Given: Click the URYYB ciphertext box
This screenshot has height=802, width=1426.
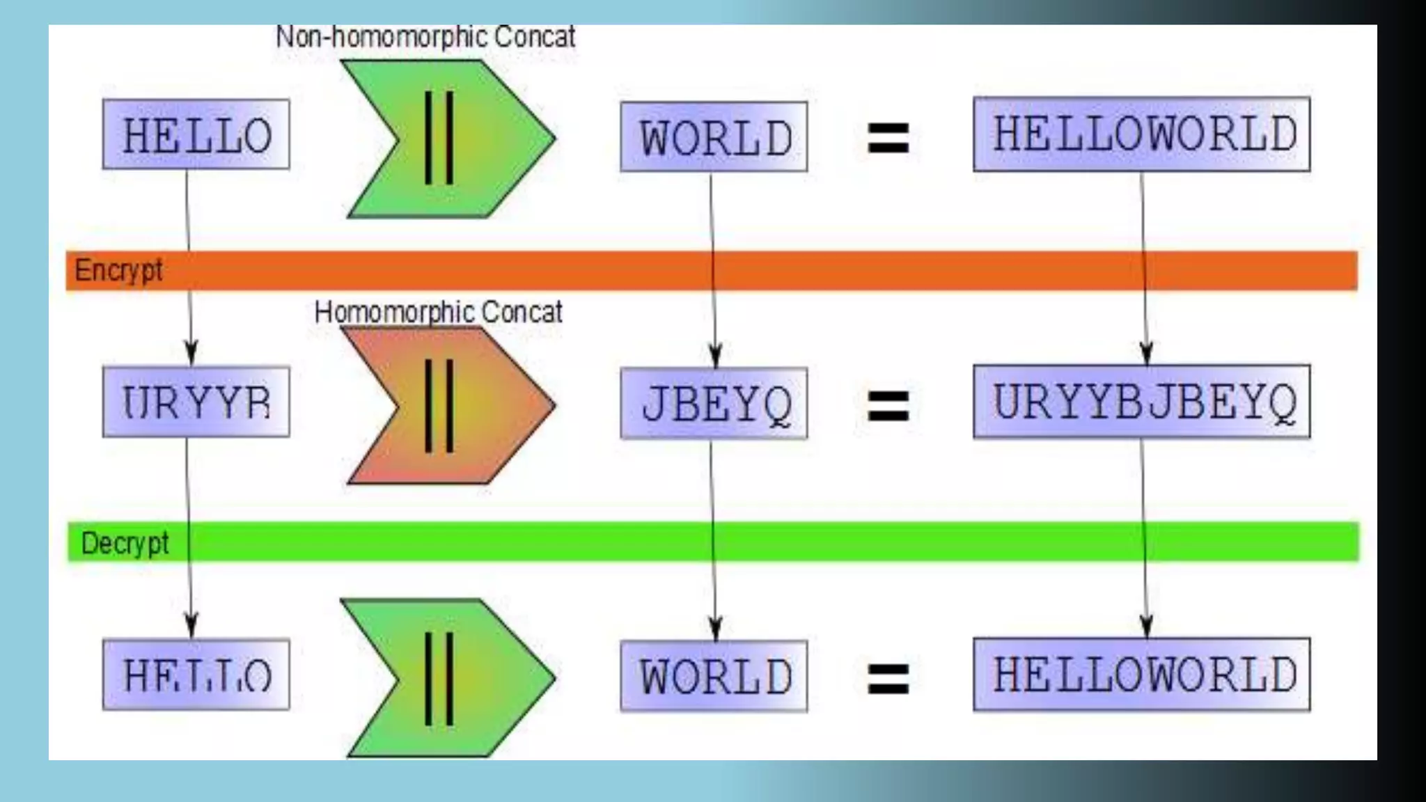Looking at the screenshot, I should [x=196, y=402].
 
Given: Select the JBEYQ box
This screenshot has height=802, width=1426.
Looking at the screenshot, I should [x=714, y=404].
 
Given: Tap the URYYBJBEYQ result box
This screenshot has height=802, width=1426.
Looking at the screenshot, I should [x=1142, y=402].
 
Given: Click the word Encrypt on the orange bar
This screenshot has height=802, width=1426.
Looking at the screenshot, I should [x=118, y=270].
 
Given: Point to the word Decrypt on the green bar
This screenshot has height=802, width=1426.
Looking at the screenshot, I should [x=125, y=543].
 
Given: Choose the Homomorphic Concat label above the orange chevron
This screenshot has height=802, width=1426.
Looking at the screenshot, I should [x=438, y=312].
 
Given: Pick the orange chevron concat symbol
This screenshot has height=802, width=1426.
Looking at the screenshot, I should [x=449, y=406].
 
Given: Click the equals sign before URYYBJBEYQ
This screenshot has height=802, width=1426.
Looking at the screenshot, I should [x=888, y=406].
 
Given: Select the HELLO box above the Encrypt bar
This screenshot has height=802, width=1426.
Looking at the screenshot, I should [x=196, y=134].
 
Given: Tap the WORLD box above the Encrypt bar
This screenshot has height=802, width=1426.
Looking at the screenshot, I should [x=714, y=137].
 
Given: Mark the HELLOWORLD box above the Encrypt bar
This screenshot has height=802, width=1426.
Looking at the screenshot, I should [x=1142, y=134].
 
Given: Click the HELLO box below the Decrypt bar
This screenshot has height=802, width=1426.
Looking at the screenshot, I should [x=196, y=675].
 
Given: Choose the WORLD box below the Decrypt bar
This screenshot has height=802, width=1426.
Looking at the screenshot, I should [x=714, y=676].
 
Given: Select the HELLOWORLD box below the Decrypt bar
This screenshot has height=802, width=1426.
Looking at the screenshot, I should [x=1142, y=675].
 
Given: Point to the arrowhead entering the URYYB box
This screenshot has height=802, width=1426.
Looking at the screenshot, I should [x=191, y=354].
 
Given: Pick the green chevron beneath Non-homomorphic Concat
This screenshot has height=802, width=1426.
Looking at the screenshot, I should [x=449, y=139].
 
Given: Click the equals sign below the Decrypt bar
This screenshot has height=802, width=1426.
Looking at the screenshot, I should [x=888, y=678].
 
